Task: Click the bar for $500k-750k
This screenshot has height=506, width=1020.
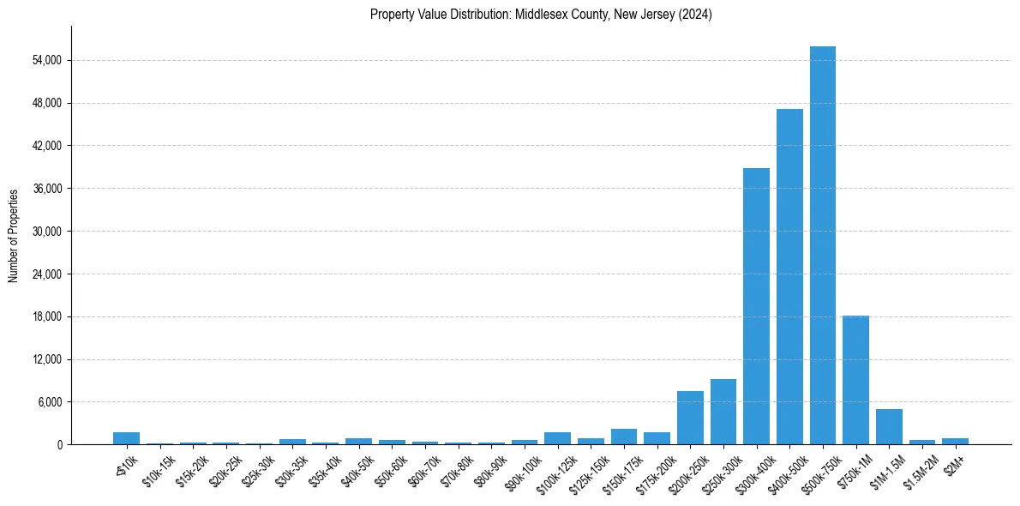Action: (x=823, y=245)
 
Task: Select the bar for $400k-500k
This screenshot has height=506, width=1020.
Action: (x=789, y=276)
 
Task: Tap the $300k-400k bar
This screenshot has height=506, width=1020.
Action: (x=756, y=306)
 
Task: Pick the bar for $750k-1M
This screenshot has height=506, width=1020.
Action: (x=855, y=380)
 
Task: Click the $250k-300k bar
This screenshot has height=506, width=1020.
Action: (x=723, y=412)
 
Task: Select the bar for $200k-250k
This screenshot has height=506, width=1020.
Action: (x=690, y=418)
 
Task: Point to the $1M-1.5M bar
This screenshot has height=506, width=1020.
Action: (x=889, y=426)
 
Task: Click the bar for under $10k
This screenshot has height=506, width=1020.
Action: (x=126, y=438)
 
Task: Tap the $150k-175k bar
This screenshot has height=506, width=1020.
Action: (x=624, y=437)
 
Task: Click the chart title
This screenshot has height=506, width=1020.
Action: (x=541, y=15)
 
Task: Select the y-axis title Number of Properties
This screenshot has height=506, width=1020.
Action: (x=14, y=235)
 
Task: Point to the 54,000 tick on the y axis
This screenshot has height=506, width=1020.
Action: (x=46, y=61)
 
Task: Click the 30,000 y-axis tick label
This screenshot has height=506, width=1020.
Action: (x=46, y=232)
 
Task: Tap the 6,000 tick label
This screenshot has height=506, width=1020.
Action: (x=49, y=402)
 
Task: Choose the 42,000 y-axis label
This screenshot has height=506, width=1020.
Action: (x=46, y=146)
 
